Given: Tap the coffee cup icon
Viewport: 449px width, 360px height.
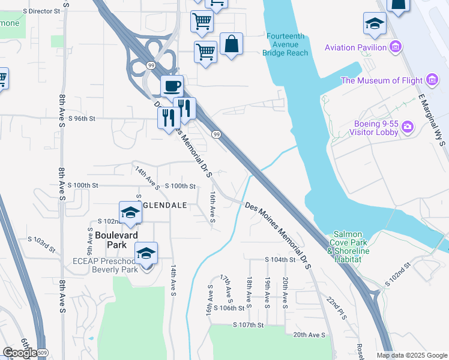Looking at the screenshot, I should click(172, 86).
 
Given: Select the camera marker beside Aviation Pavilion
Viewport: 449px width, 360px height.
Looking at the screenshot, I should click(395, 47).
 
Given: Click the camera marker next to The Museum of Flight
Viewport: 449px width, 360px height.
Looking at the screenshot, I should click(431, 80).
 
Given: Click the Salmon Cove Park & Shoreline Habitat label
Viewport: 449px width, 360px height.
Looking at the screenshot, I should click(344, 246).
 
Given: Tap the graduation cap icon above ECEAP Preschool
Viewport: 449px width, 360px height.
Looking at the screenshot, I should click(145, 254).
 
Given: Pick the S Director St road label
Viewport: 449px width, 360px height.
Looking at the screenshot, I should click(41, 11).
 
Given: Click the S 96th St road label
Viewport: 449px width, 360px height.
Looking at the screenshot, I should click(82, 119).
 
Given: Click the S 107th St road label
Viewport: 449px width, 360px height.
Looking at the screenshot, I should click(249, 325).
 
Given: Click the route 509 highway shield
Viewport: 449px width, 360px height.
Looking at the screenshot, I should click(41, 352).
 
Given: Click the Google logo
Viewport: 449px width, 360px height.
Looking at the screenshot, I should click(19, 353).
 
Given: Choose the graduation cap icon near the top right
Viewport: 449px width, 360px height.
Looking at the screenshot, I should click(375, 24).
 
